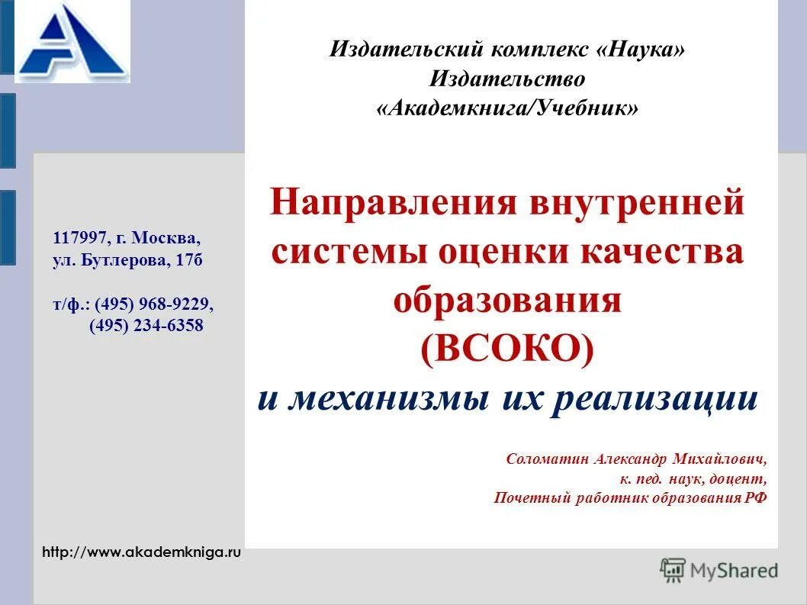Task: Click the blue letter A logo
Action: [x=72, y=42]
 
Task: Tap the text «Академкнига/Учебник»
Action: [x=507, y=108]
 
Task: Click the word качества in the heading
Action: [x=662, y=253]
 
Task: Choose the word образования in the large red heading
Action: [x=507, y=301]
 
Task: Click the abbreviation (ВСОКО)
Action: [x=507, y=349]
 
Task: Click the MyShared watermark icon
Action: [x=673, y=570]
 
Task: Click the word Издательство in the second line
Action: [x=507, y=79]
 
